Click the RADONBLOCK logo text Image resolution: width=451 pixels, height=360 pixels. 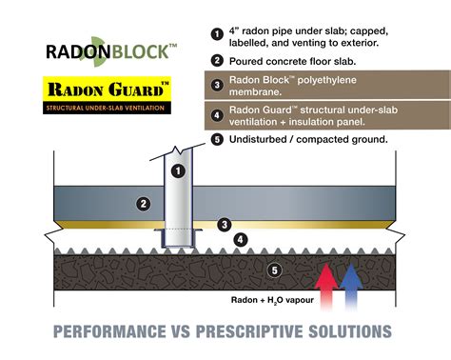(111, 50)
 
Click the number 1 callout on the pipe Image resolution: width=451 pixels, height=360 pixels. (177, 170)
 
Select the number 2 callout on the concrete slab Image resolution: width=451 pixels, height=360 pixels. (144, 203)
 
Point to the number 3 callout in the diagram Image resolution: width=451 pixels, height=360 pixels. (224, 225)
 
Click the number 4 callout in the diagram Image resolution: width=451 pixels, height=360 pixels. (241, 239)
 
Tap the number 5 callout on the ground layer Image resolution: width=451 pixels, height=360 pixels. (274, 270)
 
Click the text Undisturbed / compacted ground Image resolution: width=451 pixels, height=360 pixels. (301, 140)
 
